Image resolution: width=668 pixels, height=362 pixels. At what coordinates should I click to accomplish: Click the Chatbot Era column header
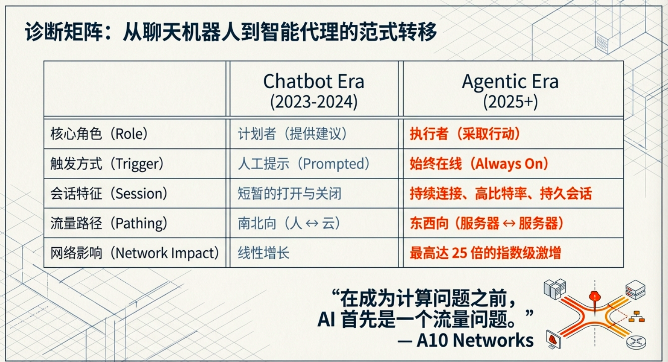pos(314,91)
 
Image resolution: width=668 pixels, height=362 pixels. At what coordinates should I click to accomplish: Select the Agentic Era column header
pos(510,91)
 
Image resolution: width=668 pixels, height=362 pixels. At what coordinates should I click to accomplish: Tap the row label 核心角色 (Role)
pos(99,133)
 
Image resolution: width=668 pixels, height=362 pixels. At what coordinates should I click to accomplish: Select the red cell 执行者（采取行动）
pos(465,133)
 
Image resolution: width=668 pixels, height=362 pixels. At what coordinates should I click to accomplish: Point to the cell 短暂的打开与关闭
pos(290,194)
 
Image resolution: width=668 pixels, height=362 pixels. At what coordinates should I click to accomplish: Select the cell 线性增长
pos(264,253)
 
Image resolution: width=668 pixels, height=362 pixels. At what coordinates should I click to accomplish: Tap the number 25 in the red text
pos(459,253)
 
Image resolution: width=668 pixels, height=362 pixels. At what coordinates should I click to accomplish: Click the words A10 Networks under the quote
pos(475,340)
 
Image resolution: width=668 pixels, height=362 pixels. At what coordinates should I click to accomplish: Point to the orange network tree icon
pos(636,317)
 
